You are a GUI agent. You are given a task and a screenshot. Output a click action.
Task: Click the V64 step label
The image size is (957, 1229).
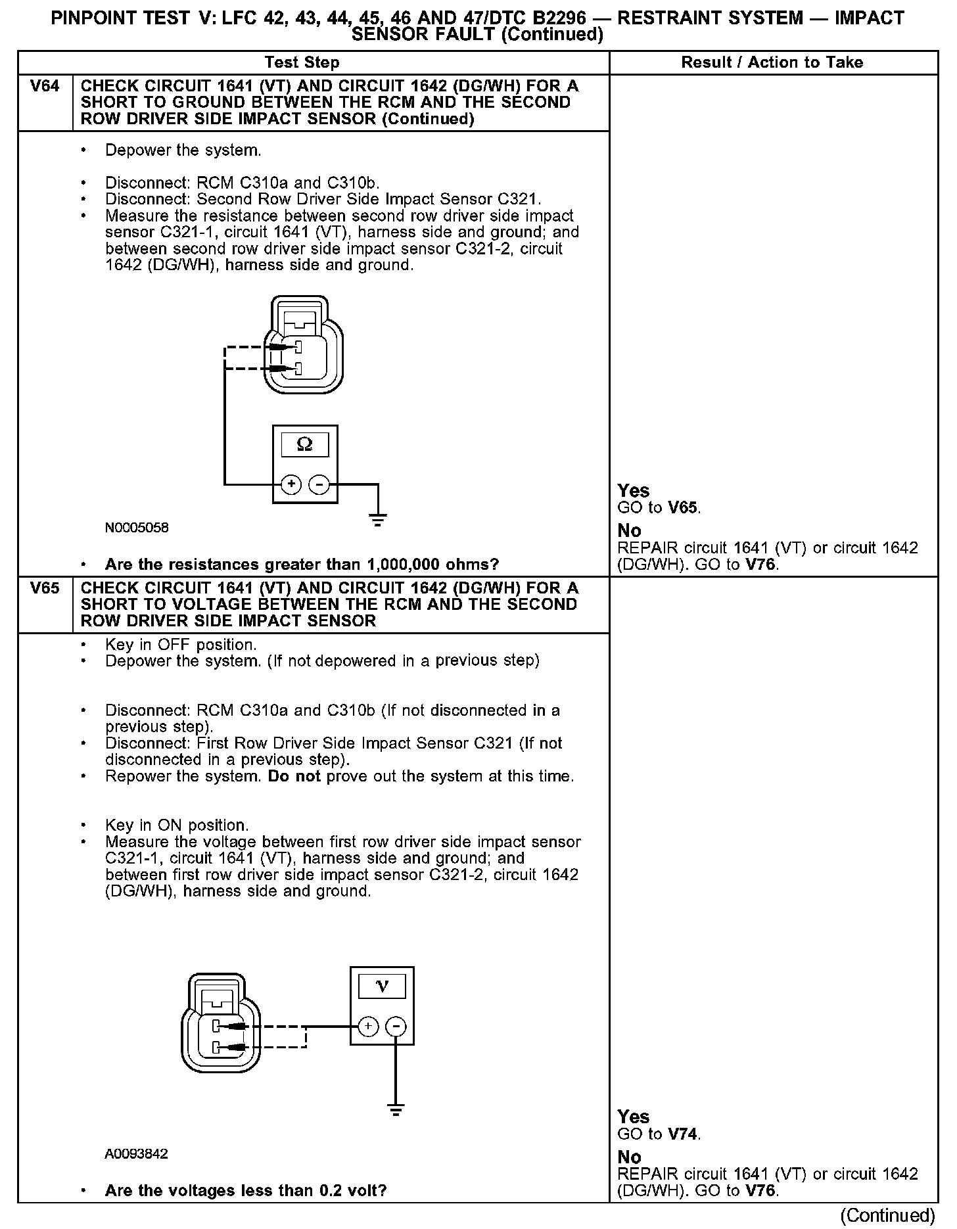pos(45,86)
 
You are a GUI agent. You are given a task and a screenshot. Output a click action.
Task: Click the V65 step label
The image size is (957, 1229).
pos(45,588)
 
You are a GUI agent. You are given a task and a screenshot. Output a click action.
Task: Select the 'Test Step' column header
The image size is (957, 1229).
pos(302,62)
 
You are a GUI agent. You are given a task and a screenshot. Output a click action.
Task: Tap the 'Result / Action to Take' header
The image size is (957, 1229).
pos(772,62)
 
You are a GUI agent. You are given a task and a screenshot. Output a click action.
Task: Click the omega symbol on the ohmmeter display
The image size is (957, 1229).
pos(305,445)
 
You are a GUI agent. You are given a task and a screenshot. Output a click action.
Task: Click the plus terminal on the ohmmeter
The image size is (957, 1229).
pos(291,485)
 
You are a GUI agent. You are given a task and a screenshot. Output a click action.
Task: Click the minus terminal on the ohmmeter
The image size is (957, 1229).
pos(319,485)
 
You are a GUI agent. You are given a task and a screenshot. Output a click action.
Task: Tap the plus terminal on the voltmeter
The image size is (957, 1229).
pos(368,1027)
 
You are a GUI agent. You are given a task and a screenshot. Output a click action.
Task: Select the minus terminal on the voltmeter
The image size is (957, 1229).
pos(396,1027)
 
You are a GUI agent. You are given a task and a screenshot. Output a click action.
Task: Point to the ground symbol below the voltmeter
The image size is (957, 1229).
pos(396,1110)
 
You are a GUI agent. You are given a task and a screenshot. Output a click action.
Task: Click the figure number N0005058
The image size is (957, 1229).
pos(136,528)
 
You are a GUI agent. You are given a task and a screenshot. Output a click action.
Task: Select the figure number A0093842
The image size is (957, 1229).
pos(136,1154)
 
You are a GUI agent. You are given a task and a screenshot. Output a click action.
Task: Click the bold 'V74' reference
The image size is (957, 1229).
pos(684,1134)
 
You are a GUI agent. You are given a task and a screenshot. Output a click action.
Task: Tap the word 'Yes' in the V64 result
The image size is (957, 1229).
pos(634,491)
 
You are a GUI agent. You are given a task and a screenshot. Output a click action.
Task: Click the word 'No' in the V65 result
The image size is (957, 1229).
pos(629,1157)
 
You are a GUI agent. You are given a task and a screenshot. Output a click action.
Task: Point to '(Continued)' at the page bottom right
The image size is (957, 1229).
pos(887,1215)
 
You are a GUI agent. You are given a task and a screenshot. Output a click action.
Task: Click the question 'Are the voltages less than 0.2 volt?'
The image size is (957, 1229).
pos(246,1191)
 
